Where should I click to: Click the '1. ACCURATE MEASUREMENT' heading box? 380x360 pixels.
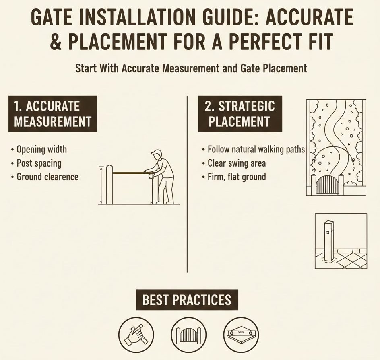point(52,114)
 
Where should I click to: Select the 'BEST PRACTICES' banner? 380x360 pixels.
point(187,300)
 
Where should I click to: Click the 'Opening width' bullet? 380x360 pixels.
point(41,150)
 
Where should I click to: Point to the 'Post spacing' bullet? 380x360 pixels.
point(39,163)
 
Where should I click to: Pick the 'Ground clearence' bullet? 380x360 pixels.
point(47,177)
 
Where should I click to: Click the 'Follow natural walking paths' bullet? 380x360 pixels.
point(256,150)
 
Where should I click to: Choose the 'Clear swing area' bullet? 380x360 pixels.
point(236,163)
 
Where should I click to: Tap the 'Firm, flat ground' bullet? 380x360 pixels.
point(236,177)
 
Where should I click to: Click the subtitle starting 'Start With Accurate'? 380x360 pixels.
point(191,68)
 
